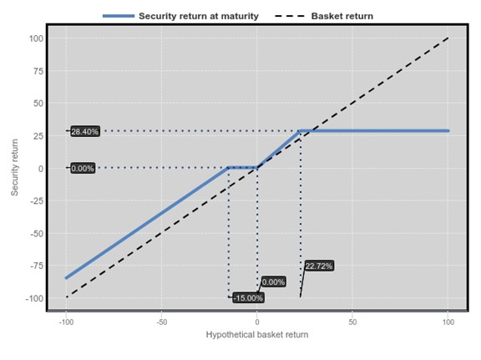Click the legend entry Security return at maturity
[180, 16]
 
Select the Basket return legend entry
[324, 16]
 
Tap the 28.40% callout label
[85, 131]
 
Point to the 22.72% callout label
[319, 266]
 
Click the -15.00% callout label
[248, 297]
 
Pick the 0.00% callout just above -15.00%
[274, 281]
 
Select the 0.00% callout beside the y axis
[83, 168]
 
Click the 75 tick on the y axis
[38, 71]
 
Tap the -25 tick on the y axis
[37, 201]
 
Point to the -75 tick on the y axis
[37, 266]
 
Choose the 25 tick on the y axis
[38, 136]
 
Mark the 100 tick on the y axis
[36, 38]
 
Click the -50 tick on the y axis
[37, 234]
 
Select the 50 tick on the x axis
[352, 322]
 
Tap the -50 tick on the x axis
[161, 322]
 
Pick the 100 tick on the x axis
[448, 322]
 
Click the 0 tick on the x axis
[257, 322]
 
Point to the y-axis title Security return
[14, 167]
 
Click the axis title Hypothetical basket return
[257, 334]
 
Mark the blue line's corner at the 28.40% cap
[301, 131]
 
